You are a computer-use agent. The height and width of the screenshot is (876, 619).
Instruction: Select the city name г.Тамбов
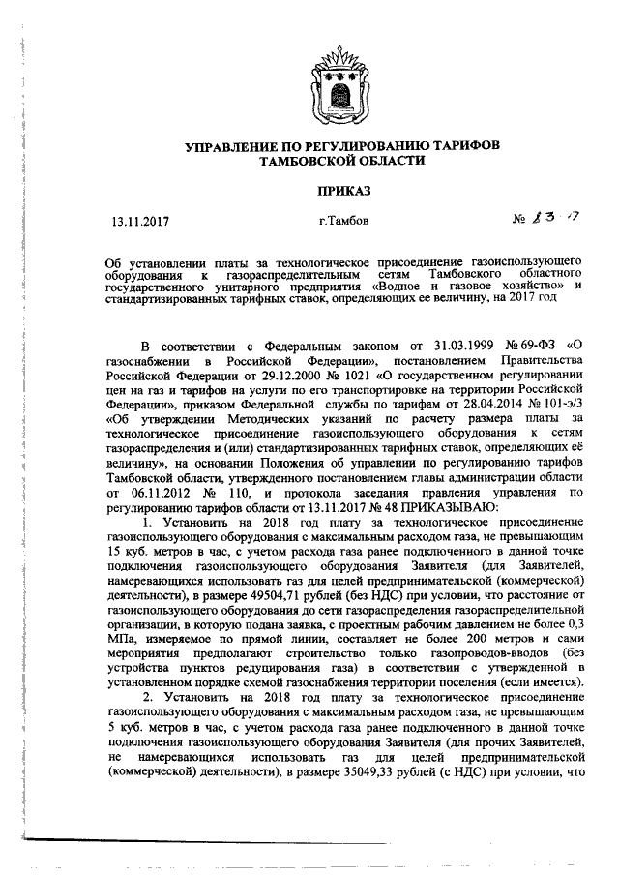click(x=343, y=221)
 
